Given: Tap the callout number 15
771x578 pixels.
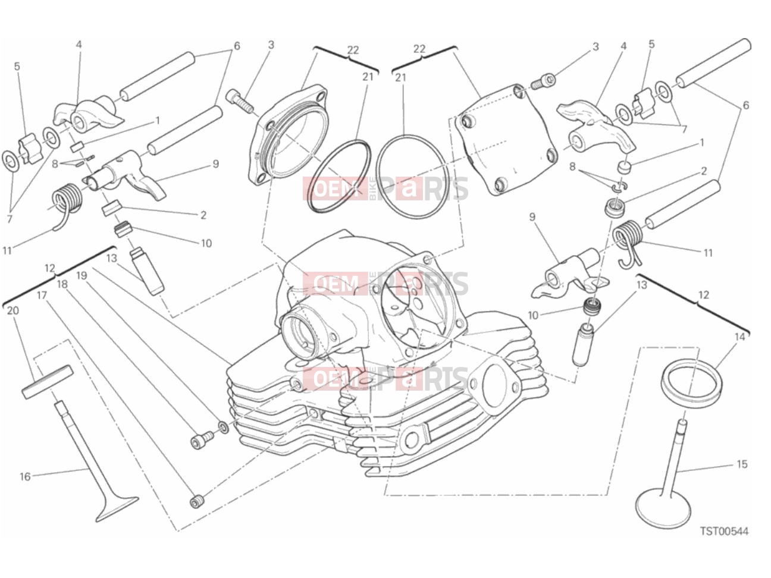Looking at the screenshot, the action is (742, 464).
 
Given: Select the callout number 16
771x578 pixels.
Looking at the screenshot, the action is (25, 476).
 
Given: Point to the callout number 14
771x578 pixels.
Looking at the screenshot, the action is (739, 337).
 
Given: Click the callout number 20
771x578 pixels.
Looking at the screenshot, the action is (13, 310).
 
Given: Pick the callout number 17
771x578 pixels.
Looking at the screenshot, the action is (42, 296).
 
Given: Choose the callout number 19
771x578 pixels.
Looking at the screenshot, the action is (82, 275).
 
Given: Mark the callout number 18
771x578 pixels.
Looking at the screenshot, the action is (62, 284).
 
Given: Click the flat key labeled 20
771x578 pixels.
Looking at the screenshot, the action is (48, 382).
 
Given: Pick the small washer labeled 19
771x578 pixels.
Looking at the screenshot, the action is (222, 427).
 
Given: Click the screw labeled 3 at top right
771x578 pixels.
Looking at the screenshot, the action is (543, 81).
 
